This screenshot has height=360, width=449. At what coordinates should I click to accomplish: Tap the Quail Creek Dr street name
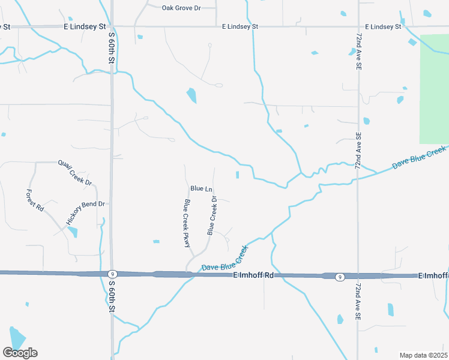coord(75,172)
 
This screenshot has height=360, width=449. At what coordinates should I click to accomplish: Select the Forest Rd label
coord(35,200)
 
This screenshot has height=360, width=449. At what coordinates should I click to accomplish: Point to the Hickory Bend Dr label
coord(85,213)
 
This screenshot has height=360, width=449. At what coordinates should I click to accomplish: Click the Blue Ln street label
coord(201,189)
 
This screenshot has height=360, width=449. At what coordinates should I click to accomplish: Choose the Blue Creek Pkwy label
coord(187,223)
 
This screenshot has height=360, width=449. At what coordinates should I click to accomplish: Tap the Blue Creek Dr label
coord(211,215)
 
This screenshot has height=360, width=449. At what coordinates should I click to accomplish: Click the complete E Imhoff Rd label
coord(253,275)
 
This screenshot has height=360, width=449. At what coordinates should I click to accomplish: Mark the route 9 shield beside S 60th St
coord(112,274)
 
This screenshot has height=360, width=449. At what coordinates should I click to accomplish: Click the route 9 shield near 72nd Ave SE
coord(340,277)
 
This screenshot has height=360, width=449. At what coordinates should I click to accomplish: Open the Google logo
coord(20,352)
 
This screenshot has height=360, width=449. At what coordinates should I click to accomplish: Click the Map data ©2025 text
coord(423,355)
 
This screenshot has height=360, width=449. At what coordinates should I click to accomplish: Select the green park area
coord(434,87)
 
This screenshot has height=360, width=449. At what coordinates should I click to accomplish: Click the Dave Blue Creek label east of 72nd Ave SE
coord(420,157)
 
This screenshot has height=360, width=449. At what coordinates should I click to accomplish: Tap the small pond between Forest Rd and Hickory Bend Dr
coord(73,232)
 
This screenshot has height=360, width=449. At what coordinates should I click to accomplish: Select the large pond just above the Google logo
coord(17,338)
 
